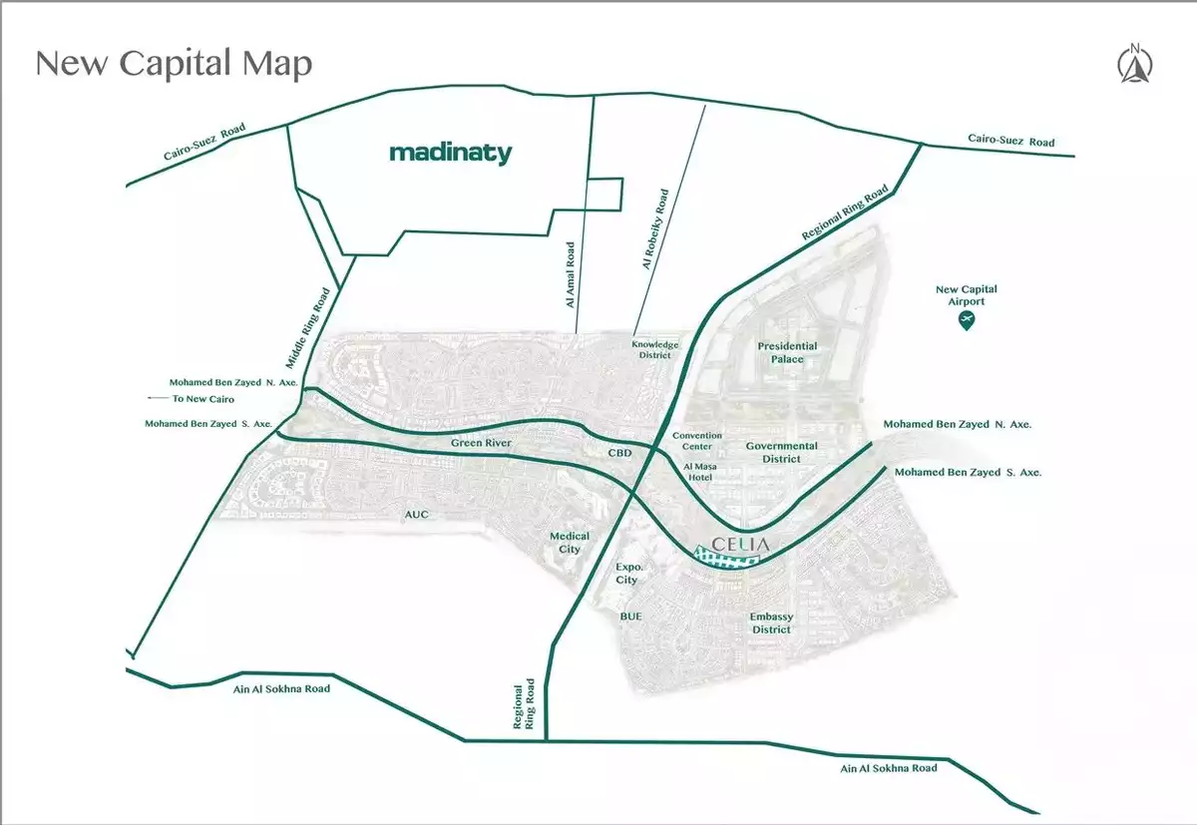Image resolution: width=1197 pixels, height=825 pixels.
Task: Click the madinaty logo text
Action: (450, 154)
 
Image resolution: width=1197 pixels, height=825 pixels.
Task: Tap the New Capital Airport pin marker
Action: (966, 320)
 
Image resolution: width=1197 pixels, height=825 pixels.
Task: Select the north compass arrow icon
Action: (1135, 65)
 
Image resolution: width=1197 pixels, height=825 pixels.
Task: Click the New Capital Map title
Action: (174, 64)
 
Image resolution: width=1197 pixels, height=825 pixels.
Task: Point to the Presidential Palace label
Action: (787, 352)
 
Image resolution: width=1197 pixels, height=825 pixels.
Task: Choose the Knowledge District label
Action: (654, 350)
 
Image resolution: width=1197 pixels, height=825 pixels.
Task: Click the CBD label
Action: (620, 453)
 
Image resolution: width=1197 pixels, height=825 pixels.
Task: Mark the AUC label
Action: (416, 516)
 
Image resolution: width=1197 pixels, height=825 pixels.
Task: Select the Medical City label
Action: (570, 543)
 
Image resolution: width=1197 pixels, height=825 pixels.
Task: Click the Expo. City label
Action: (626, 574)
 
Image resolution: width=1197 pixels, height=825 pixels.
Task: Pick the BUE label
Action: (630, 617)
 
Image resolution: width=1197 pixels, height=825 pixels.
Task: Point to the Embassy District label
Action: (771, 623)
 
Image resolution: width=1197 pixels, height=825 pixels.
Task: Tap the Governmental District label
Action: (781, 453)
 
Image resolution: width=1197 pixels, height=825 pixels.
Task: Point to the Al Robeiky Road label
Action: (655, 231)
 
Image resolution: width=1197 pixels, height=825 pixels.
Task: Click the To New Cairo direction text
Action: (201, 399)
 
